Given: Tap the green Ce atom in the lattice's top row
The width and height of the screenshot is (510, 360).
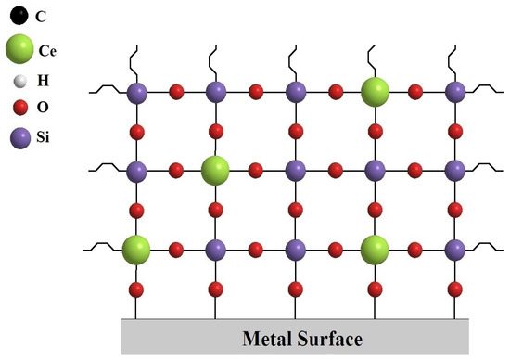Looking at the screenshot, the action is tap(375, 92).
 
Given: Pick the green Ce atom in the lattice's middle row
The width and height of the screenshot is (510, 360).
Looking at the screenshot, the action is tap(215, 171).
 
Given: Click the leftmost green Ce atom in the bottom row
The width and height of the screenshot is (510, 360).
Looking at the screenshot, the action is tap(136, 249).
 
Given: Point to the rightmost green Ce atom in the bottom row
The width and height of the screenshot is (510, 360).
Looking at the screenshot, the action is tap(375, 249).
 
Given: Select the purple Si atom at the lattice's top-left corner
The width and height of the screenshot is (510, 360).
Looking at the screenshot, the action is tap(136, 92).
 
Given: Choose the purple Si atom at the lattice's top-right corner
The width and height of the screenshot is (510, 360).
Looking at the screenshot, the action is tap(454, 92).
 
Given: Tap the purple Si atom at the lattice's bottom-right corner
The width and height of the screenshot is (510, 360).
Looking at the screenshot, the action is tap(454, 249).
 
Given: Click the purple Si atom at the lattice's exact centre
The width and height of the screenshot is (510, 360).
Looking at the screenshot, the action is tap(295, 171).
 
